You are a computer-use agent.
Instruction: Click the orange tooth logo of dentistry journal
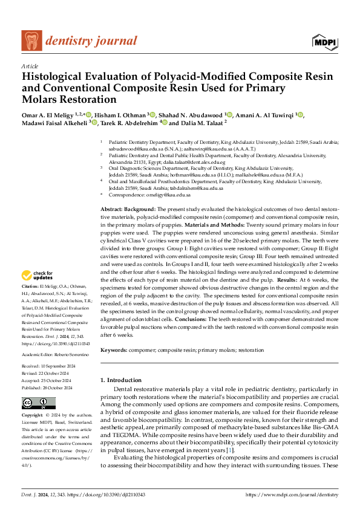click(32, 41)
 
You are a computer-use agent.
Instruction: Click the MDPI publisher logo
click(324, 41)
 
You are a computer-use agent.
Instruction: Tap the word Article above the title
click(30, 66)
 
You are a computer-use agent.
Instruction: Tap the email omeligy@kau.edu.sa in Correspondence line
click(171, 195)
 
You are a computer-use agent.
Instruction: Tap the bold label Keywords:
click(114, 350)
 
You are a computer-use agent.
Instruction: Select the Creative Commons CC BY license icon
click(38, 403)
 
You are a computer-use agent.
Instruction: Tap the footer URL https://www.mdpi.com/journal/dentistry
click(292, 494)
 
